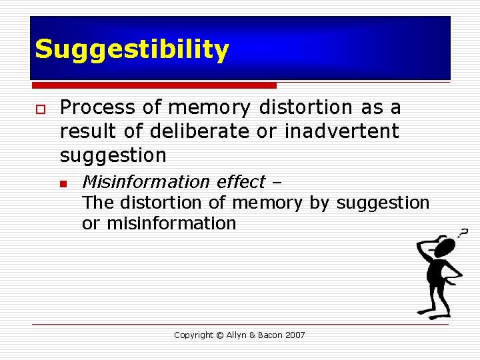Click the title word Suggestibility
click(x=131, y=50)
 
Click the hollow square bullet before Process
click(x=40, y=109)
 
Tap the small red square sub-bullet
click(x=64, y=183)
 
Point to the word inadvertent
click(x=341, y=131)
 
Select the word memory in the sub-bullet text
click(x=267, y=203)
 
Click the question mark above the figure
click(x=462, y=232)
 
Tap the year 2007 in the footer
click(x=295, y=335)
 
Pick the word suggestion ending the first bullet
click(x=113, y=156)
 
